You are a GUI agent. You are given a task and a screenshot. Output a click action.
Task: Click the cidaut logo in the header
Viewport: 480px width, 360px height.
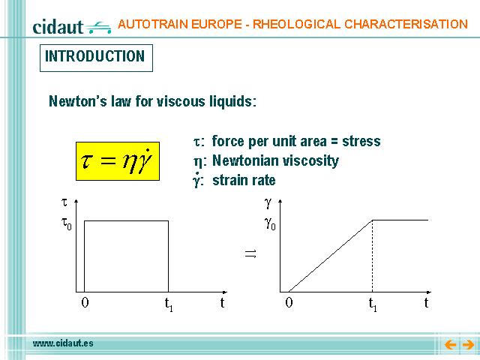pos(72,27)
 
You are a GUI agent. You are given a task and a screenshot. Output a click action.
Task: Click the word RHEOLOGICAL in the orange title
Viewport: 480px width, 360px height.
pos(296,24)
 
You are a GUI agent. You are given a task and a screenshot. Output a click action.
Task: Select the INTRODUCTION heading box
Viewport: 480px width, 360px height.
pos(96,58)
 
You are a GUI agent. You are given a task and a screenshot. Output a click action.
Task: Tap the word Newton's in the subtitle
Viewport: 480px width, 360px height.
pos(78,101)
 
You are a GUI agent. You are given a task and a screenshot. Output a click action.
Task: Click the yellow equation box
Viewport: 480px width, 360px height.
pos(118,161)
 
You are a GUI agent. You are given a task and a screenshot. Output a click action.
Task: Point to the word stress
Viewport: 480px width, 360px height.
pos(361,142)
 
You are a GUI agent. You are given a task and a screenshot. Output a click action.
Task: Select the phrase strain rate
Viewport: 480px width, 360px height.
pos(244,180)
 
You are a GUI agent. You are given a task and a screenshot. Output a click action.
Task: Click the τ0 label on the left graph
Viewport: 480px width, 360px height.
pos(67,223)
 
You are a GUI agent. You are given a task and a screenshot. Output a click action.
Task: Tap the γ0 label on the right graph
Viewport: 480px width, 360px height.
pos(270,223)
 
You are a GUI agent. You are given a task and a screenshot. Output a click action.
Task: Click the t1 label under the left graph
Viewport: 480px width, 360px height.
pos(169,304)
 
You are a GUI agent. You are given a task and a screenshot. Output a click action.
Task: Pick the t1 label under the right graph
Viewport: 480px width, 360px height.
pos(373,304)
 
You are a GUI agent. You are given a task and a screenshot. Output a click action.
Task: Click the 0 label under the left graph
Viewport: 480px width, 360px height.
pos(85,302)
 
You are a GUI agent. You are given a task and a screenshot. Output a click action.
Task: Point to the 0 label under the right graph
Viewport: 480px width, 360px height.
pos(289,302)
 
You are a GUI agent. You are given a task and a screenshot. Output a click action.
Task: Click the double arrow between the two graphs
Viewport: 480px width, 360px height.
pos(250,253)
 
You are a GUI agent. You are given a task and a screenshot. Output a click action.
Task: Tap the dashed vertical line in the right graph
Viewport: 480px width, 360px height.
pos(372,256)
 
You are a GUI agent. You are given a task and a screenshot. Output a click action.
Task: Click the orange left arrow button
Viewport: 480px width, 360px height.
pos(450,345)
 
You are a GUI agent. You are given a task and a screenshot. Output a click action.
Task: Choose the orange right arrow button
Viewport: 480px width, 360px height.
pos(468,345)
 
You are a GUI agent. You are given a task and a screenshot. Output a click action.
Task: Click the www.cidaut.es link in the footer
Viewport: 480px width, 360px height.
pos(63,343)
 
